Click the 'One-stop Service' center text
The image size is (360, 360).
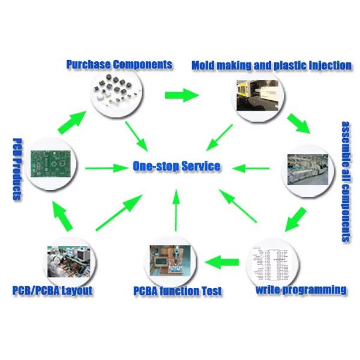pyautogui.click(x=176, y=166)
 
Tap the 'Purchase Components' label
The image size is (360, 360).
pyautogui.click(x=119, y=64)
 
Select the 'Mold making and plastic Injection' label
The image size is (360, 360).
pyautogui.click(x=271, y=65)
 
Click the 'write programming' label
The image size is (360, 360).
pyautogui.click(x=301, y=290)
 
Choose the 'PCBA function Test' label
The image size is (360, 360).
pyautogui.click(x=178, y=292)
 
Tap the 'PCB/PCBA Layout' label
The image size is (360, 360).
pyautogui.click(x=53, y=291)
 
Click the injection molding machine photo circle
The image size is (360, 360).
pyautogui.click(x=258, y=96)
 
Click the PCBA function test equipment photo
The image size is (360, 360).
pyautogui.click(x=172, y=262)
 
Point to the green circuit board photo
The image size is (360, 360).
pyautogui.click(x=50, y=163)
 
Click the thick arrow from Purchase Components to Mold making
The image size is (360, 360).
pyautogui.click(x=181, y=95)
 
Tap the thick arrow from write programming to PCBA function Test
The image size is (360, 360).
pyautogui.click(x=222, y=262)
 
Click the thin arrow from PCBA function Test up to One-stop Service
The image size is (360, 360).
pyautogui.click(x=176, y=209)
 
